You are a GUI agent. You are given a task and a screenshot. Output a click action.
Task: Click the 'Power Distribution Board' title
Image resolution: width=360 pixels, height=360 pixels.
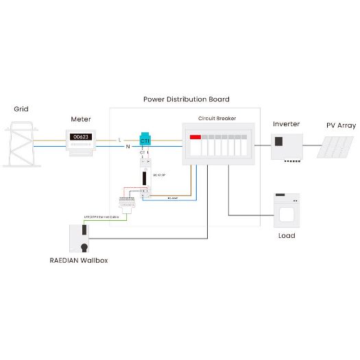186,99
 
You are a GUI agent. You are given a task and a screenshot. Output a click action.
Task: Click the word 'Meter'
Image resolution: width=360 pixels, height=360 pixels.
81,119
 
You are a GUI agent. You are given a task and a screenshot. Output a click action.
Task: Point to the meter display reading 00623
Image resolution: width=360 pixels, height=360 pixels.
81,137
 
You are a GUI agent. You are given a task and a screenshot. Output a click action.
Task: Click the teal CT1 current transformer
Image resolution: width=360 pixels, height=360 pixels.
145,139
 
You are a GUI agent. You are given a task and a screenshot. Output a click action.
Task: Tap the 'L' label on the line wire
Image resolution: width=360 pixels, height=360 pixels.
120,140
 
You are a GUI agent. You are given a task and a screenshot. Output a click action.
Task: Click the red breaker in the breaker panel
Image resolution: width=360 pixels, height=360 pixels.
195,138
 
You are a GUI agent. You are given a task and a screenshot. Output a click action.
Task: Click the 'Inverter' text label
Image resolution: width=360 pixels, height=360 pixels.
286,124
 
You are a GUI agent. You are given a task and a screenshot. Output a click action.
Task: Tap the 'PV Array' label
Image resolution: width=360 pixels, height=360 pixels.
340,125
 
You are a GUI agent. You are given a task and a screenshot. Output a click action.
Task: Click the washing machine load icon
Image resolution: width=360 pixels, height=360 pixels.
287,209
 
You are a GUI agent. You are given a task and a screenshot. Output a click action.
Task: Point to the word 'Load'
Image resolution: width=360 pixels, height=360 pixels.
287,236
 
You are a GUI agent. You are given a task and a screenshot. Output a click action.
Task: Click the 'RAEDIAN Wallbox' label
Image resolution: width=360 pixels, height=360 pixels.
78,261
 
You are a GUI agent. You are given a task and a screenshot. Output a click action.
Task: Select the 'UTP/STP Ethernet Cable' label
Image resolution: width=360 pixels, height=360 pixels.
101,217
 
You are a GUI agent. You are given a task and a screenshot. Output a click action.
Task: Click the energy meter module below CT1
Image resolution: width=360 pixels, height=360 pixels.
145,177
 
